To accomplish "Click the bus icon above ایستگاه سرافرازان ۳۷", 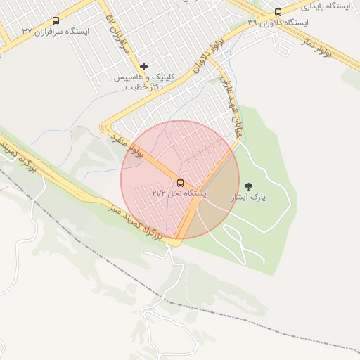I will tap(56, 21).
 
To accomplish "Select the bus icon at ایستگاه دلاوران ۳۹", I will tap(278, 12).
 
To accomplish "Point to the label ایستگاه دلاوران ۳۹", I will tap(278, 22).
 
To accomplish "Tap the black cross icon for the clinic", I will tap(144, 67).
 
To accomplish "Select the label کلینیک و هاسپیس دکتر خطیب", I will tap(140, 82).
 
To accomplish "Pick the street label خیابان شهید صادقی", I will tap(229, 106).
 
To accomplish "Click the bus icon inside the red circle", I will tap(181, 183).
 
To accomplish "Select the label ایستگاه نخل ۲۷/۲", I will tap(180, 193).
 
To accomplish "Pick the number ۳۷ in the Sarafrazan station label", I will tap(27, 32).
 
